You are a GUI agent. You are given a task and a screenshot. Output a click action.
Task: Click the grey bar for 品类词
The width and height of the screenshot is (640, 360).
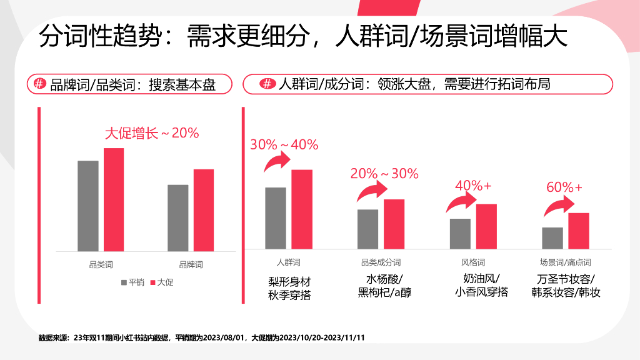[x=88, y=206]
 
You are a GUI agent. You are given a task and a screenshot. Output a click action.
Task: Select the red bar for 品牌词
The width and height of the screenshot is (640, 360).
[x=203, y=210]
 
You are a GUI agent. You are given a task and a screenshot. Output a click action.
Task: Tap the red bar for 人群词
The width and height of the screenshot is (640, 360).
[x=301, y=209]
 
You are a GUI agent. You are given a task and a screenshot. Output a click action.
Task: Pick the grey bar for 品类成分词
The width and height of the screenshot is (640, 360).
[x=367, y=229]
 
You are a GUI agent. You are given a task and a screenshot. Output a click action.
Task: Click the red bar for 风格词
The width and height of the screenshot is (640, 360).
[x=486, y=226]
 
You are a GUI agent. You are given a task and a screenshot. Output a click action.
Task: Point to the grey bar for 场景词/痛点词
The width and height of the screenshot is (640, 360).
[x=552, y=237]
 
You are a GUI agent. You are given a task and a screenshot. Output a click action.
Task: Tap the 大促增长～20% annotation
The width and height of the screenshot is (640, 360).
[x=151, y=133]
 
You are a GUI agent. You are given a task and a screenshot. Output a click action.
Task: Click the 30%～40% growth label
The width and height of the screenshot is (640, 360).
[x=284, y=145]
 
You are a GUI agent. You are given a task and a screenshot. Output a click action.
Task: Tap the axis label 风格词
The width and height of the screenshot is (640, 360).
[x=473, y=262]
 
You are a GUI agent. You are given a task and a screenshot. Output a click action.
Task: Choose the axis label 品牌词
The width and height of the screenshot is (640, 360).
[x=191, y=265]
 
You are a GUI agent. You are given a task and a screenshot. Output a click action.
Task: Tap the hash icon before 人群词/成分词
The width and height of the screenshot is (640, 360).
[x=267, y=84]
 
